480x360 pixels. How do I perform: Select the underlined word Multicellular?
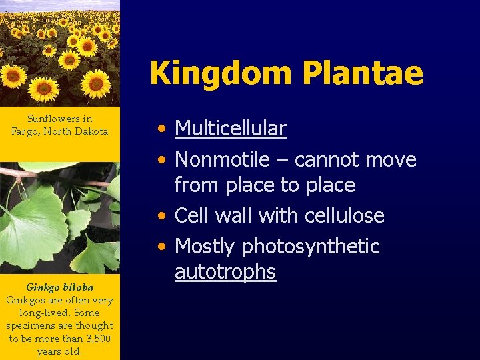[230, 128]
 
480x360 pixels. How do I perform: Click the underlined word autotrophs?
[225, 271]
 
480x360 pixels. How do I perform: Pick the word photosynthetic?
[310, 247]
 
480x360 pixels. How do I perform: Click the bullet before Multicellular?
[162, 129]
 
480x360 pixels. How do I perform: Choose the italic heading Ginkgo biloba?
[59, 287]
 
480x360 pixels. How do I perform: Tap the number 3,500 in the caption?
[98, 339]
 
